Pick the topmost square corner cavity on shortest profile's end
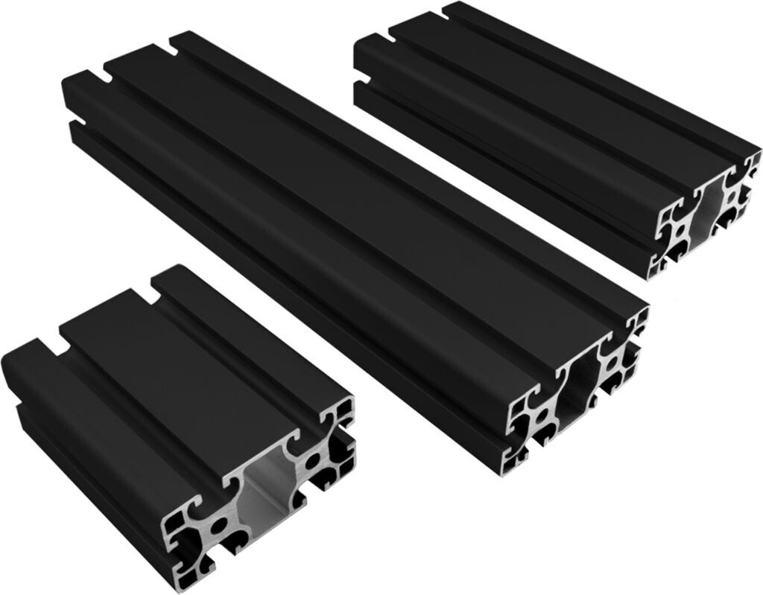click(345, 409)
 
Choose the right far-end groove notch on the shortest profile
click(159, 284)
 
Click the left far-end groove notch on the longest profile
click(98, 76)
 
